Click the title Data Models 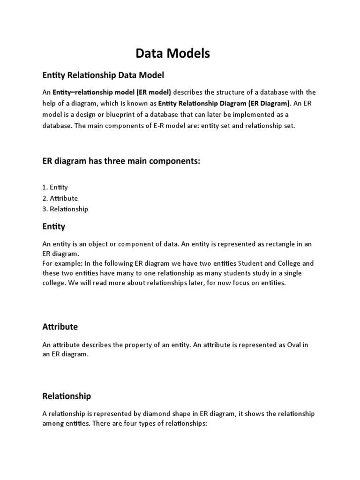173,54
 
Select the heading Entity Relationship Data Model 103,75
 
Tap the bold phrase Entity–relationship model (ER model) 112,92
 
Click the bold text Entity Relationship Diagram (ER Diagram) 224,104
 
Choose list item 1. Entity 55,187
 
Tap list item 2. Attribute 60,198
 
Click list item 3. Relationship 65,209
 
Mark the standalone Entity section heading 54,226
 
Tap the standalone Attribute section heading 60,327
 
